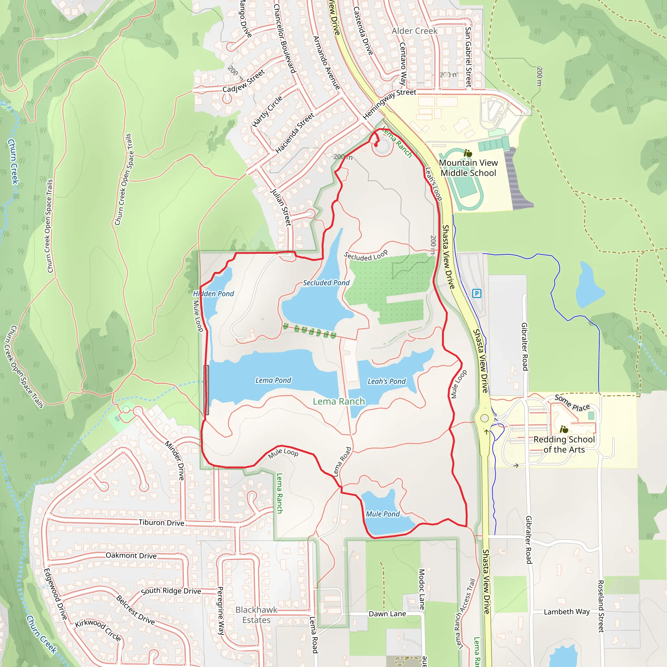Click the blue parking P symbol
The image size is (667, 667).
tap(476, 293)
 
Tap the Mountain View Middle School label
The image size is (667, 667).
tap(468, 168)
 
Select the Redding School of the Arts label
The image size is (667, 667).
tap(564, 444)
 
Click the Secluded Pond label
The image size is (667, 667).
tap(326, 283)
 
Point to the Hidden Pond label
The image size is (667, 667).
tap(213, 294)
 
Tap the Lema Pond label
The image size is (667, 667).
tap(273, 380)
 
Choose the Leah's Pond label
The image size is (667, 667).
tap(386, 381)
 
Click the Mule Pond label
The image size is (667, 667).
tap(383, 514)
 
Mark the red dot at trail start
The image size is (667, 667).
tap(376, 145)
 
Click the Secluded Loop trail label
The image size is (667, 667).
tap(366, 255)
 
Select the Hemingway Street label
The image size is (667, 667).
tap(390, 103)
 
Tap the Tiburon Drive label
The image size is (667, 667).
tap(161, 523)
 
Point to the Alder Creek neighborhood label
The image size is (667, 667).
tap(414, 31)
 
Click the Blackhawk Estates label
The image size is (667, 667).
tap(256, 615)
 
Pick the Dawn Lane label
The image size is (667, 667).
tap(387, 614)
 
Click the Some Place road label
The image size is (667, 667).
tap(572, 403)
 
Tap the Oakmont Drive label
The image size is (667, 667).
tap(131, 556)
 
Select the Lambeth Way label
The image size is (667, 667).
tap(567, 612)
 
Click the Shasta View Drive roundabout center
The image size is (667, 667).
tap(484, 419)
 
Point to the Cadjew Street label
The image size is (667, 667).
tap(244, 81)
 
